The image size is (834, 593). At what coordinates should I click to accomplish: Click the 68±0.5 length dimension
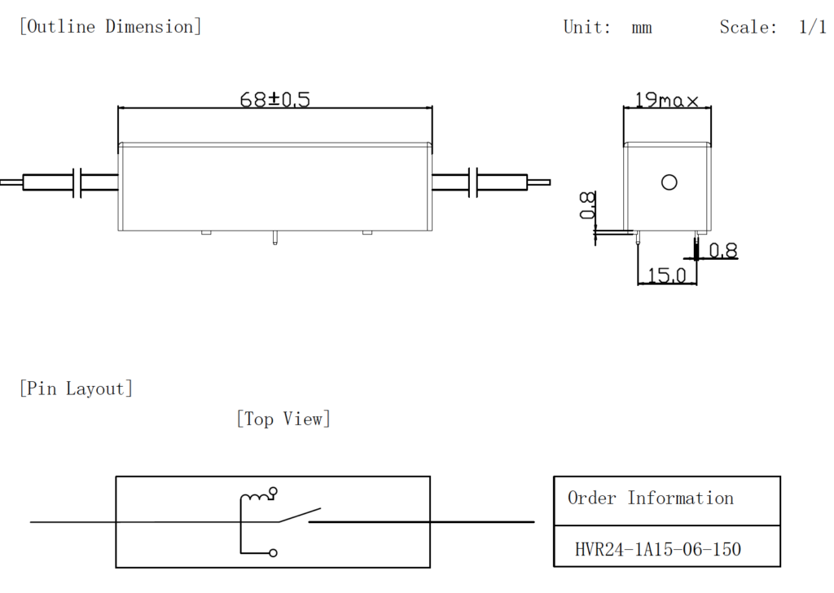[x=274, y=99]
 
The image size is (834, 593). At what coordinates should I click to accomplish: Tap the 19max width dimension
[x=666, y=100]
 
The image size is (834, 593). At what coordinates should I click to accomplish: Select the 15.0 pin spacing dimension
[x=667, y=276]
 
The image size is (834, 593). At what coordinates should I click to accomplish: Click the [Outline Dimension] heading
[x=110, y=26]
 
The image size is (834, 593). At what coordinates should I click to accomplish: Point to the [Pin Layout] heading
[x=76, y=389]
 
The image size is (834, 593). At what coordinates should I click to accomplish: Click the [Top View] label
[x=283, y=419]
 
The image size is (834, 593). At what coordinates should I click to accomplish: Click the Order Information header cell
[x=650, y=499]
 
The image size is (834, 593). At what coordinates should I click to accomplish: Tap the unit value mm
[x=641, y=27]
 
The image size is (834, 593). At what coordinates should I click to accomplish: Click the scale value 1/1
[x=812, y=27]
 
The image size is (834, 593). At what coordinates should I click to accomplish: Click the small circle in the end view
[x=669, y=182]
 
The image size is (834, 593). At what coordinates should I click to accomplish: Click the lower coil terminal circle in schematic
[x=273, y=553]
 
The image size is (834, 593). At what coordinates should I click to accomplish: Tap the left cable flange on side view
[x=78, y=183]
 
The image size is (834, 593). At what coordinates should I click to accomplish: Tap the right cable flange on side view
[x=474, y=183]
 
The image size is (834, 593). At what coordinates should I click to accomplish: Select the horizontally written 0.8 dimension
[x=722, y=251]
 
